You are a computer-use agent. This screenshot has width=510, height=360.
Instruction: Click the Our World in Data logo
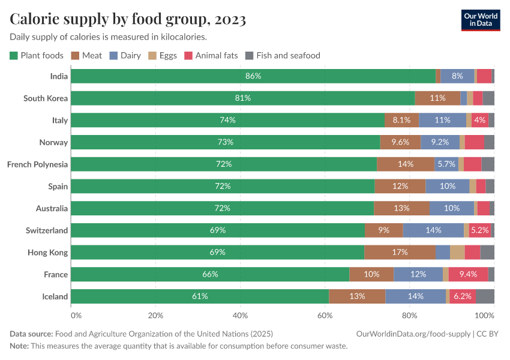point(480,20)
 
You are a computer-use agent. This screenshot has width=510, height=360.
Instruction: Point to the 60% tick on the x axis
point(325,315)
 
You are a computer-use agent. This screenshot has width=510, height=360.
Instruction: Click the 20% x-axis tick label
point(155,315)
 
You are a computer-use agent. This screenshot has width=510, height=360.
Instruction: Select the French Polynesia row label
point(37,164)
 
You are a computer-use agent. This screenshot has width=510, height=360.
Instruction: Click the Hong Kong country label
point(47,252)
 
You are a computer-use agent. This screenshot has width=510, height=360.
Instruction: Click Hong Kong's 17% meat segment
point(400,252)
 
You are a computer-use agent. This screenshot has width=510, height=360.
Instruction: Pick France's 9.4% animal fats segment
point(468,274)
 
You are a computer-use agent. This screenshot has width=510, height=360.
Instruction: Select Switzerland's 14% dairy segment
point(433,230)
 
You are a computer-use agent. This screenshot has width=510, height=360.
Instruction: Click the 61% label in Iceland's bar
point(200,296)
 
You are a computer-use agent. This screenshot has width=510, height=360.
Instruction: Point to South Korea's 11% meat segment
point(437,98)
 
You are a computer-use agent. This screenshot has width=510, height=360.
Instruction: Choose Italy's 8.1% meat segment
point(401,120)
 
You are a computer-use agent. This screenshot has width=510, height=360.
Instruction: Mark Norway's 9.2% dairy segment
point(440,142)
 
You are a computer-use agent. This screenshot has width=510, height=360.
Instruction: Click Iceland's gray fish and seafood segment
point(485,296)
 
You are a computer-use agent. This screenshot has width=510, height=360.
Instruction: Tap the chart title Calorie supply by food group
point(128,20)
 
